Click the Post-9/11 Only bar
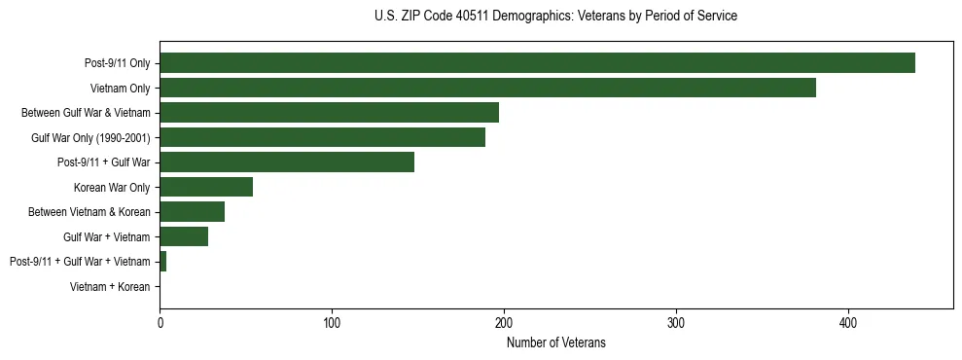coord(537,63)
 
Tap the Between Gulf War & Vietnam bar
coord(329,113)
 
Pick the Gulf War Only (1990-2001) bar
coord(322,137)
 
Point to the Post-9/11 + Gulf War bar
coord(287,162)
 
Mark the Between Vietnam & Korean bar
coord(192,212)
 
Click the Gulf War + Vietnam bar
coord(184,236)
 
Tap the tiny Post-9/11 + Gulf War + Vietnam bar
coord(162,262)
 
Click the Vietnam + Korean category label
coord(110,287)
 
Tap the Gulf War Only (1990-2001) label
coord(90,138)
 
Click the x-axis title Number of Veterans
coord(555,342)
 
